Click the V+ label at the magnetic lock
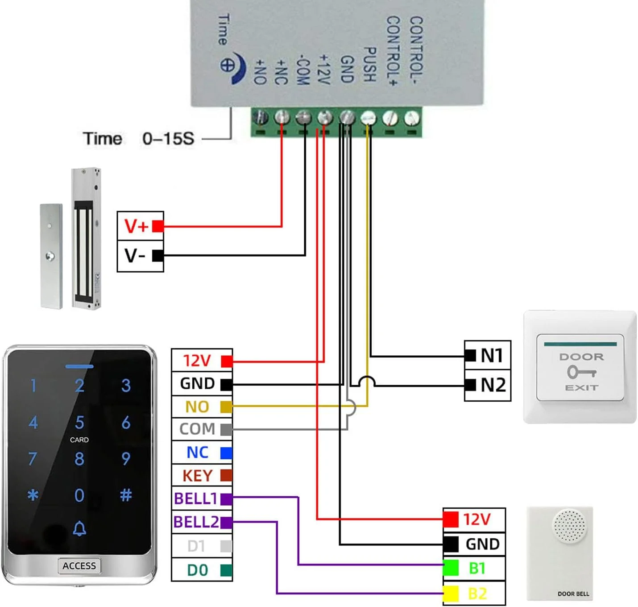point(136,226)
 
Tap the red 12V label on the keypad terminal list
point(197,361)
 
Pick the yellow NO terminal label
point(197,407)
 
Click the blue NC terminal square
point(226,453)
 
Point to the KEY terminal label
point(197,476)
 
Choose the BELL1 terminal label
point(195,499)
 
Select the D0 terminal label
point(197,570)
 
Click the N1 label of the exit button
point(492,356)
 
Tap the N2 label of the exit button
point(493,385)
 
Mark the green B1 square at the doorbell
point(451,568)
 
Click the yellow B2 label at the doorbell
point(477,594)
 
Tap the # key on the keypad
point(126,495)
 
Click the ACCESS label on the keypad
point(79,566)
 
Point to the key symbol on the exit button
point(581,371)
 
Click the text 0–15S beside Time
point(168,139)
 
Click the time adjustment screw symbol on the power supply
point(227,65)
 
